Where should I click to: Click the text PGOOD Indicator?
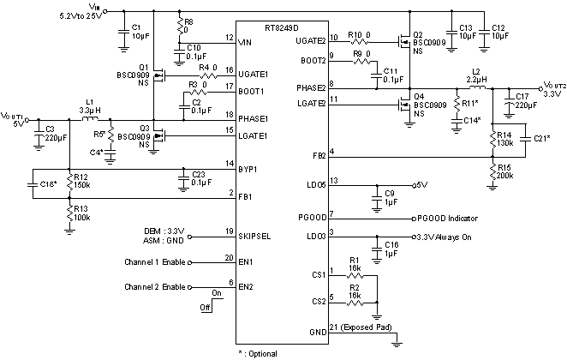(451, 219)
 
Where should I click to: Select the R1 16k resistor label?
(354, 264)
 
